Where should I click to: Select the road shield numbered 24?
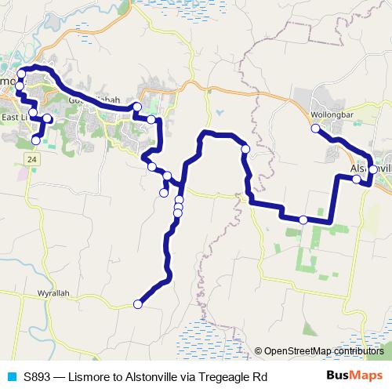coord(31,159)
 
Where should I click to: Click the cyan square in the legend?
coord(11,377)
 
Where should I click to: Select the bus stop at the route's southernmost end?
coord(138,304)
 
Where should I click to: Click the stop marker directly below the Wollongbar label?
coord(317,129)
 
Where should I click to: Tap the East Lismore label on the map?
coord(14,118)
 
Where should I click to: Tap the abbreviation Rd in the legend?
coord(260,377)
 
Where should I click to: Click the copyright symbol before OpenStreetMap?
coord(259,350)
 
